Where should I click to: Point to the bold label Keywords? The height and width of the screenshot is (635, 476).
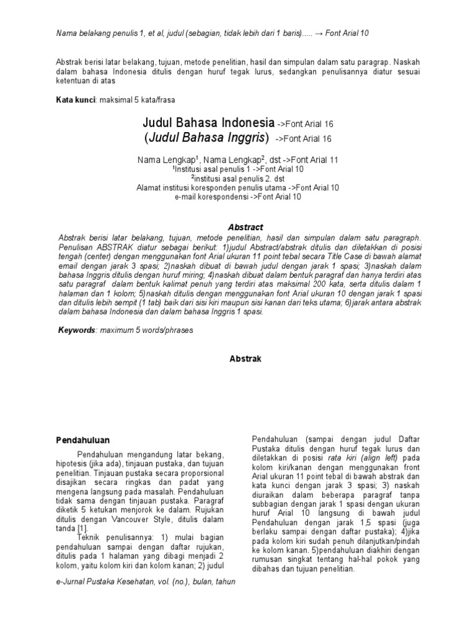[x=76, y=331]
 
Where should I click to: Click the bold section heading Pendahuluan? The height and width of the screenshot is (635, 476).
[x=84, y=440]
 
